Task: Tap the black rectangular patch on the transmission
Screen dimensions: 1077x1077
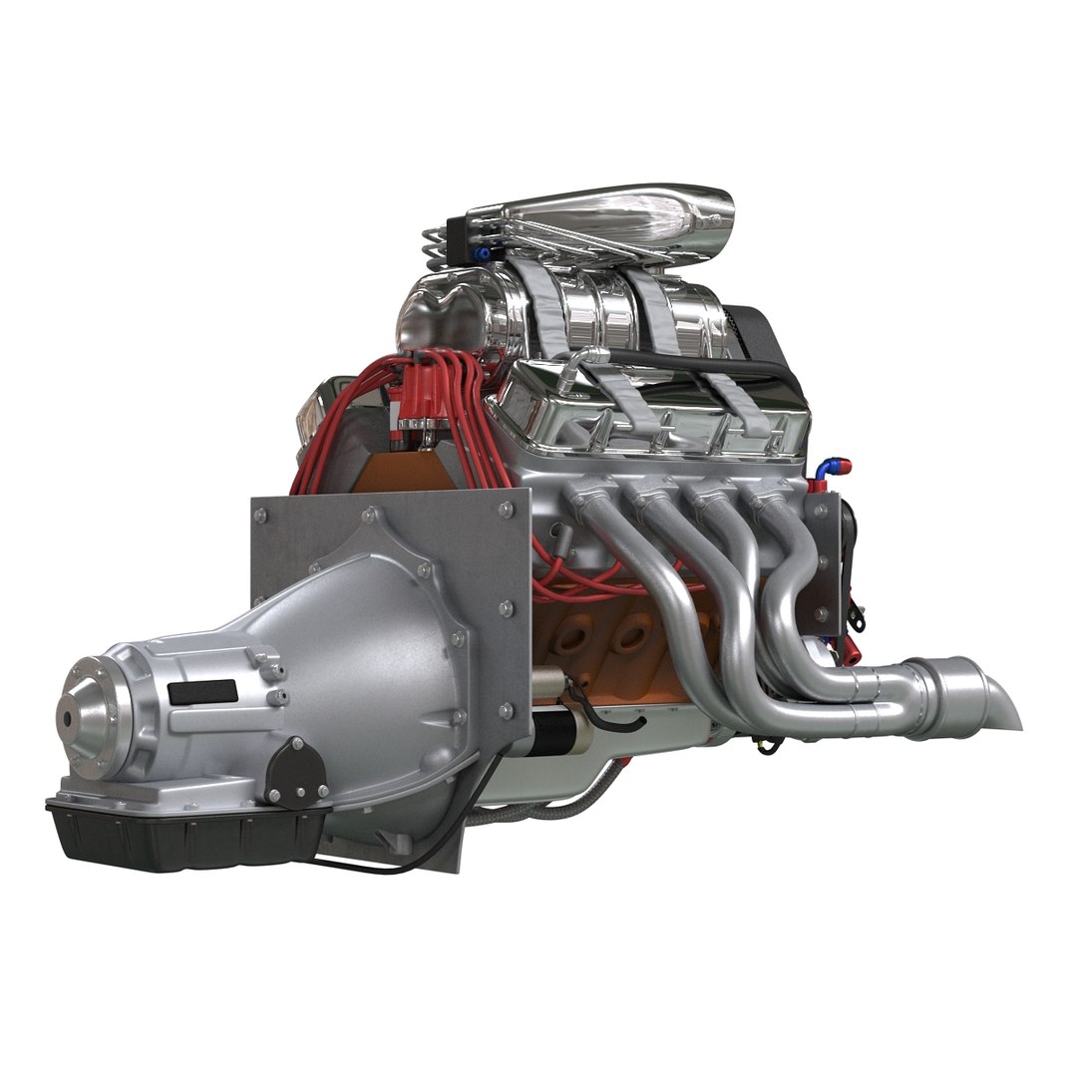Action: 202,691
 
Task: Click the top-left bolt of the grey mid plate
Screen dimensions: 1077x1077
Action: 261,517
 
